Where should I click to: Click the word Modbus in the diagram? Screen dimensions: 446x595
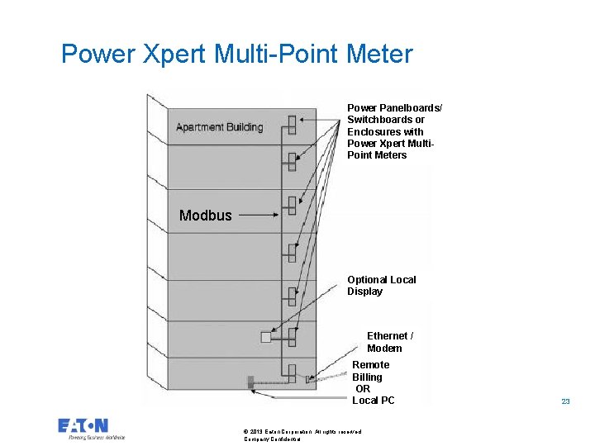(206, 216)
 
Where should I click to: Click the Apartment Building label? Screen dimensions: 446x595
(219, 127)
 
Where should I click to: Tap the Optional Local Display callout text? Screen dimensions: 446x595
(381, 286)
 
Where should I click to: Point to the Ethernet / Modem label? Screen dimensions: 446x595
(389, 342)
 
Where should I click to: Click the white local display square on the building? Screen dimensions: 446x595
(265, 337)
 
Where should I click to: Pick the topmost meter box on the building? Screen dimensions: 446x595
(292, 125)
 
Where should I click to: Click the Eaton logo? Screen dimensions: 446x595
(83, 426)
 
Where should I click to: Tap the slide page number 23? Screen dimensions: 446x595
(565, 401)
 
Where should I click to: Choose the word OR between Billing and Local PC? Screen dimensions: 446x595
(363, 389)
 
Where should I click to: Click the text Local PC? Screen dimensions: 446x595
(374, 401)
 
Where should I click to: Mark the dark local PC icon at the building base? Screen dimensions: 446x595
(249, 382)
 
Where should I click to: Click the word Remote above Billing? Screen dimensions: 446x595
(371, 365)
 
